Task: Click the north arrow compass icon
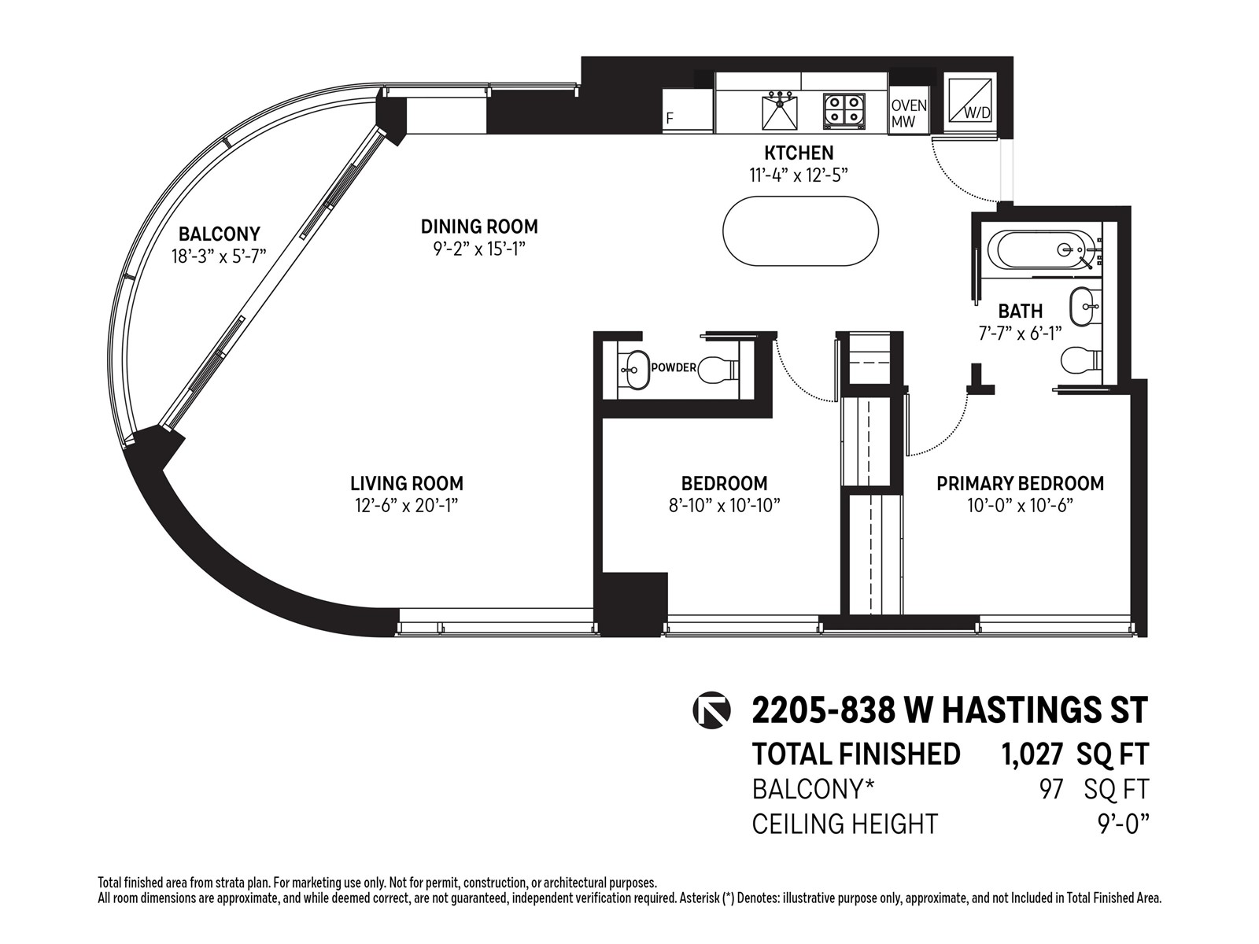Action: coord(711,711)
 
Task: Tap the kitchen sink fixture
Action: coord(780,112)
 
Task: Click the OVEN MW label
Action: coord(909,113)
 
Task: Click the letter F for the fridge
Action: coord(669,118)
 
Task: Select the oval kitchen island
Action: coord(800,231)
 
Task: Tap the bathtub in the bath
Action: coord(1042,250)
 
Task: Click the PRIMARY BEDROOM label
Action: coord(1020,483)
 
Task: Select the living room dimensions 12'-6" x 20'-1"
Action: coord(407,506)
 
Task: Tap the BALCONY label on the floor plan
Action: coord(219,234)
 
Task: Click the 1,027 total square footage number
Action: coord(1032,754)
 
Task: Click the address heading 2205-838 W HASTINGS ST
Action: coord(950,711)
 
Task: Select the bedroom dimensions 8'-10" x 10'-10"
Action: coord(724,506)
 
